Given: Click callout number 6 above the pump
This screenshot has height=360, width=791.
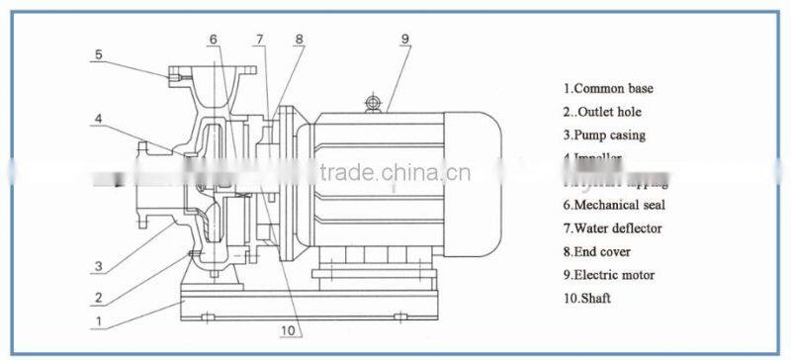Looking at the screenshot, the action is tap(213, 40).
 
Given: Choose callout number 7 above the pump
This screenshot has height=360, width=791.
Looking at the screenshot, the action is tap(258, 40).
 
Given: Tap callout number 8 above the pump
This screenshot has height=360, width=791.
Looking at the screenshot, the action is tap(298, 40).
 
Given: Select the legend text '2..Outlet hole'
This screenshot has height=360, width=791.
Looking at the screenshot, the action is tap(605, 112).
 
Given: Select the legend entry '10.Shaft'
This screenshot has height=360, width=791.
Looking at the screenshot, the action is tap(589, 299).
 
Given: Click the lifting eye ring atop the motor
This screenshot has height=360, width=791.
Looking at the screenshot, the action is tap(374, 101).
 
